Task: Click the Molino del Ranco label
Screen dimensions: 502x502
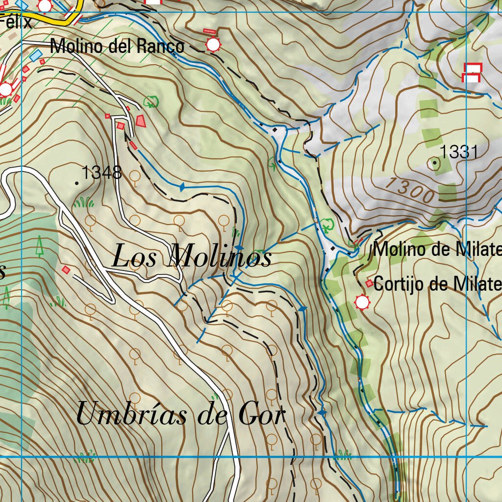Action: tap(118, 47)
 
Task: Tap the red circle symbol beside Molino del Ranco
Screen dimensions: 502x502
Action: tap(213, 45)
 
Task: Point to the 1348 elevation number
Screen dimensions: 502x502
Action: tap(101, 173)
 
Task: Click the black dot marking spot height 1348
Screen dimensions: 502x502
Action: tap(76, 183)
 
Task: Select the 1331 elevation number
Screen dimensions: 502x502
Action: tap(458, 152)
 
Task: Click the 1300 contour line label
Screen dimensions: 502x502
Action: tap(409, 190)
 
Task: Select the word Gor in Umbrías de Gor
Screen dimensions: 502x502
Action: tap(261, 415)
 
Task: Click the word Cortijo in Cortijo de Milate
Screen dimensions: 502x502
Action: tap(398, 284)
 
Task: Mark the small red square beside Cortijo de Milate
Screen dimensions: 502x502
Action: tap(369, 283)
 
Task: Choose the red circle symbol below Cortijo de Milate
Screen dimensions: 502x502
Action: tap(362, 302)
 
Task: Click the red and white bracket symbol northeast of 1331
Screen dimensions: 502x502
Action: tap(472, 73)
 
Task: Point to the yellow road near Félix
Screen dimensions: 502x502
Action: tap(59, 22)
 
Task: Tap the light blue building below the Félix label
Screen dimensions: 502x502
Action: tap(36, 55)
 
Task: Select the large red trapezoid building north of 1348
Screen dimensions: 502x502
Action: tap(141, 121)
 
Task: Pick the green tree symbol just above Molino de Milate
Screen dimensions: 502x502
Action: tap(326, 225)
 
